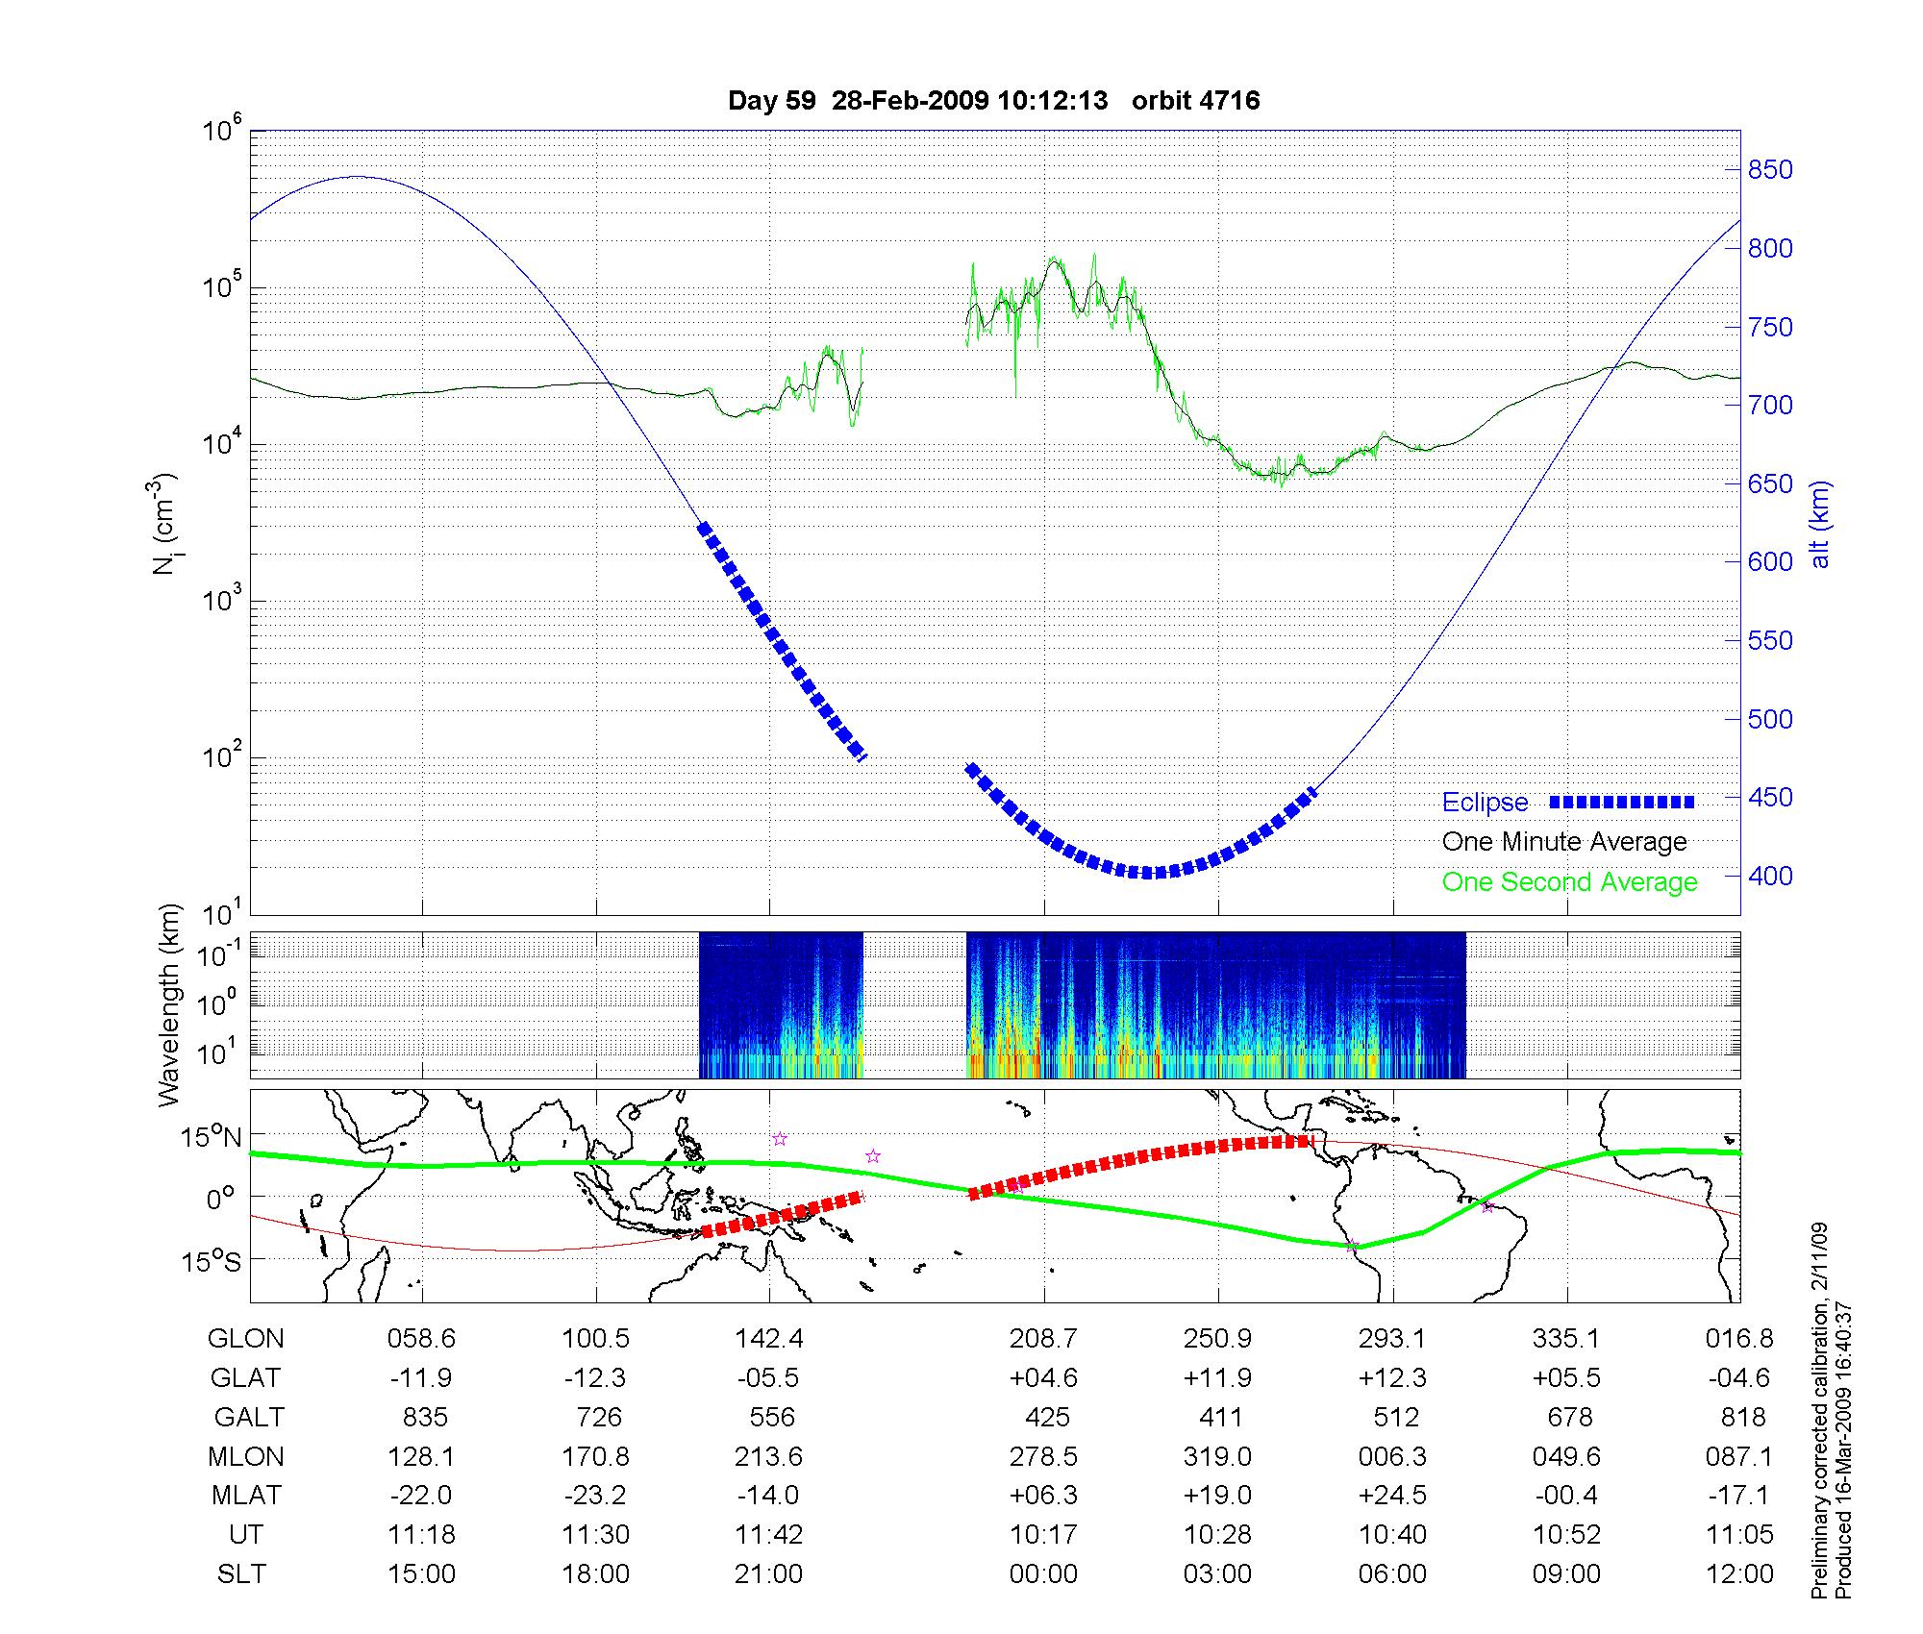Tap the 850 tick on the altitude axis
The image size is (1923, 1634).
click(x=1769, y=170)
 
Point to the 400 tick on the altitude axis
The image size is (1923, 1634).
click(x=1769, y=877)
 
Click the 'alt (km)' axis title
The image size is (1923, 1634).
click(x=1820, y=524)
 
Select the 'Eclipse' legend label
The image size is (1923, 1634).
click(x=1485, y=803)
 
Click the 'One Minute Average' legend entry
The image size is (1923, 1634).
click(x=1564, y=842)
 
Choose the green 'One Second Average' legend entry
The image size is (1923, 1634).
click(x=1569, y=882)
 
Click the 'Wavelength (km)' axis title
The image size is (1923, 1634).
click(x=169, y=1004)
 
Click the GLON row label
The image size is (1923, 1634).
click(x=245, y=1339)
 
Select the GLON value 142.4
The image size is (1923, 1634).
click(x=769, y=1339)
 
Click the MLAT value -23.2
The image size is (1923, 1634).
click(x=596, y=1496)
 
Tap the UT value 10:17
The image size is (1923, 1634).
click(x=1043, y=1535)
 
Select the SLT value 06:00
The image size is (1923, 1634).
click(x=1392, y=1574)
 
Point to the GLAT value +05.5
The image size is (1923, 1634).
click(x=1567, y=1378)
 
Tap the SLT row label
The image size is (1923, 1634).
click(x=241, y=1574)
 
